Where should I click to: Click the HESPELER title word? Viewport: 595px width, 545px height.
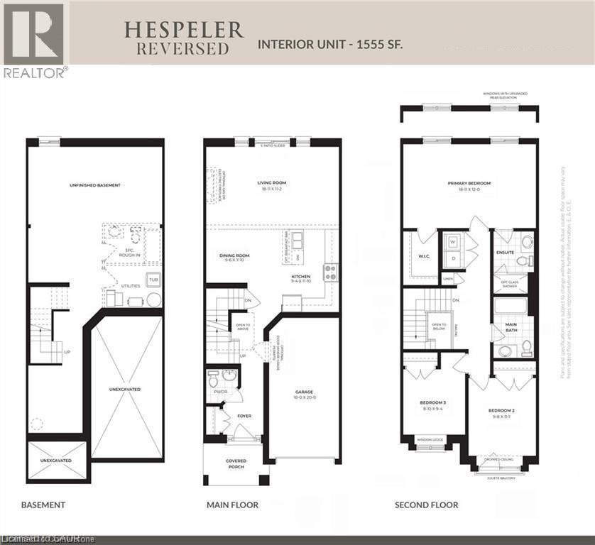[184, 30]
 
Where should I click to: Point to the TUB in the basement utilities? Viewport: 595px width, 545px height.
[152, 280]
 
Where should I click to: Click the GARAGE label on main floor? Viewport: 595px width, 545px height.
[305, 392]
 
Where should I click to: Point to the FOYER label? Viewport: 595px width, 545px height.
[244, 416]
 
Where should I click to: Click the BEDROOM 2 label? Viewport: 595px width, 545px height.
[501, 410]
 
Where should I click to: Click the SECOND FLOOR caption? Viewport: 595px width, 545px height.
[426, 505]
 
